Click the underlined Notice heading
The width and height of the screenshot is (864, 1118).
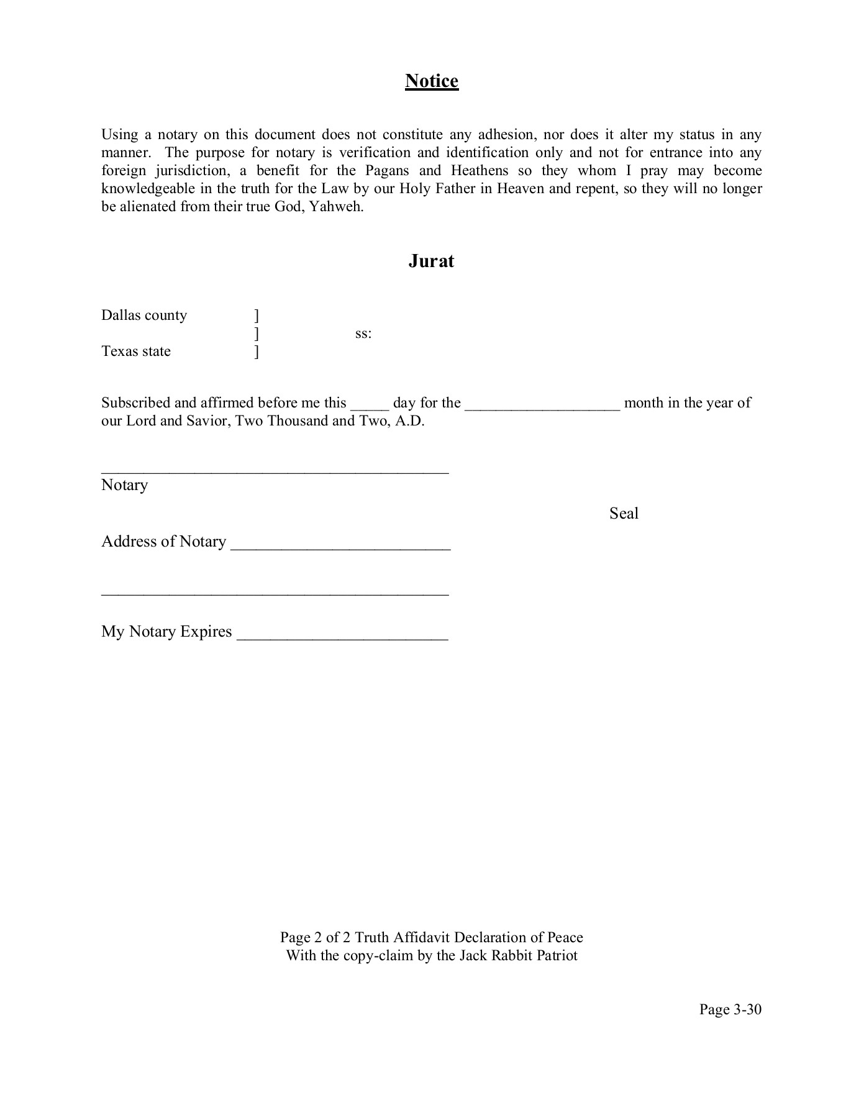(432, 81)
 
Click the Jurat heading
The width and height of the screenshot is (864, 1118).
(431, 261)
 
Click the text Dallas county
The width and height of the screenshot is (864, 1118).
(144, 316)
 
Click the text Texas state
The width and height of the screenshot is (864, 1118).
(136, 352)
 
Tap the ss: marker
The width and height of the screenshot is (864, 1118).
(363, 334)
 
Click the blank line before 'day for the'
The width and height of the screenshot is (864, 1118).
(370, 407)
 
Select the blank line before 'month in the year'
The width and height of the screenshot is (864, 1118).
(542, 407)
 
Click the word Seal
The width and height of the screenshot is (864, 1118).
(624, 514)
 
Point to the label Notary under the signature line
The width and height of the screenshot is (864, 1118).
(124, 485)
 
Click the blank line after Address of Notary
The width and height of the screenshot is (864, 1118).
(340, 546)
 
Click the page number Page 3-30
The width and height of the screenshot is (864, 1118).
(730, 1009)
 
